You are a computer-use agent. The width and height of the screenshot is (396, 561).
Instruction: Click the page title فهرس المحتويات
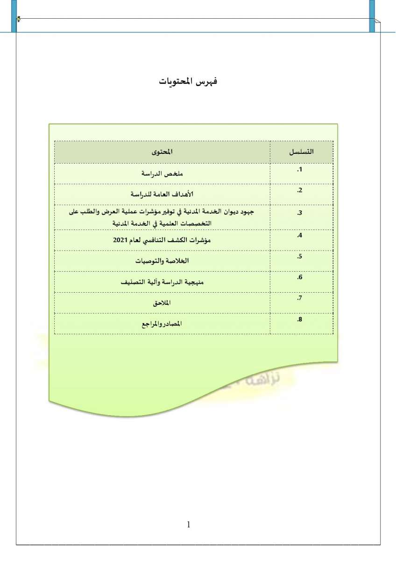click(188, 81)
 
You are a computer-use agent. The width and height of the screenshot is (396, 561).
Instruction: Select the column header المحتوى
click(162, 152)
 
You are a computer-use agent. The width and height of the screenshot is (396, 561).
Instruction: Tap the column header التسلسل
click(301, 152)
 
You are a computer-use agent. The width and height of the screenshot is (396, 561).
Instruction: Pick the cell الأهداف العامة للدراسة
click(162, 194)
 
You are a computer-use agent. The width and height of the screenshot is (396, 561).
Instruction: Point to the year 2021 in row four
click(120, 240)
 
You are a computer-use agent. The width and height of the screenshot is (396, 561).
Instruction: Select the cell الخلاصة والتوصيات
click(162, 260)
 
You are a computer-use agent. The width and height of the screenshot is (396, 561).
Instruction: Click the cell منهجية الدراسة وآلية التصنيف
click(162, 282)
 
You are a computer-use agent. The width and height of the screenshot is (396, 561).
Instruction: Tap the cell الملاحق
click(162, 303)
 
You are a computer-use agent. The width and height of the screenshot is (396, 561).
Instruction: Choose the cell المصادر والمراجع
click(162, 324)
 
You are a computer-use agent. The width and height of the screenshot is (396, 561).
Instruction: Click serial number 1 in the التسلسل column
click(300, 169)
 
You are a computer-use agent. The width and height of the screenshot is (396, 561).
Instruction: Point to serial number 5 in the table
click(300, 257)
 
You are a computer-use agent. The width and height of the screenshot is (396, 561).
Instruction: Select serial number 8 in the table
click(300, 319)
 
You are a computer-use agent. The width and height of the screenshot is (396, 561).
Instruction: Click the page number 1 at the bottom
click(189, 525)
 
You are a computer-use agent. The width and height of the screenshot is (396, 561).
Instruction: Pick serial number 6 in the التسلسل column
click(300, 278)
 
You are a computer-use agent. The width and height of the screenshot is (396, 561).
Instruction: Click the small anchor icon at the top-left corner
click(18, 19)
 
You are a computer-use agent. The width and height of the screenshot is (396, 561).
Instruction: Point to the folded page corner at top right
click(377, 22)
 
